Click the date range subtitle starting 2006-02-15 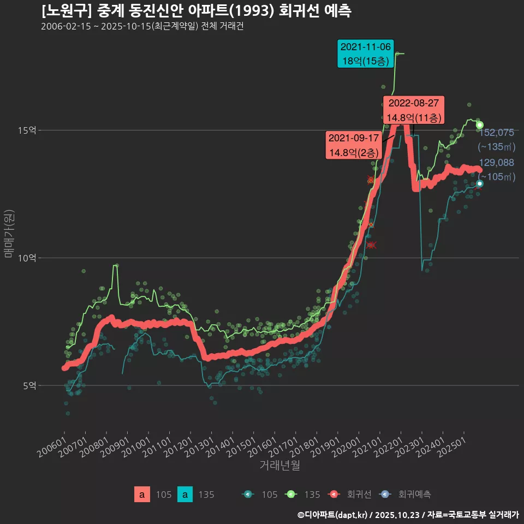point(142,27)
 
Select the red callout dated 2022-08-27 point(413,110)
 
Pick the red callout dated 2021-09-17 point(354,145)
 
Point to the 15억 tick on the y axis point(27,130)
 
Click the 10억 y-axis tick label point(27,258)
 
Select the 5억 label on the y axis point(29,385)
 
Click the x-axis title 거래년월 point(279,466)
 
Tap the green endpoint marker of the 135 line point(479,125)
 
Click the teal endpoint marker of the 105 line point(479,183)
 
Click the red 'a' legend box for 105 point(142,495)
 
